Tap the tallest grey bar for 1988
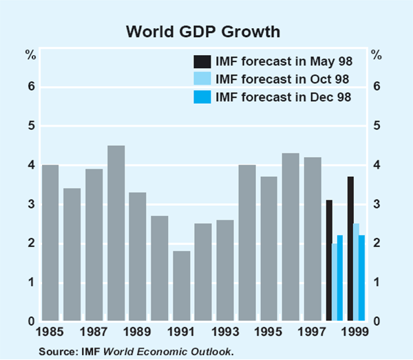[116, 233]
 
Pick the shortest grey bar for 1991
[182, 286]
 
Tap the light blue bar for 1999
[356, 272]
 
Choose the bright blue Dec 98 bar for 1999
[361, 278]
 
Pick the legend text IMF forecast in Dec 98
[284, 97]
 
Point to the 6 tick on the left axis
[31, 87]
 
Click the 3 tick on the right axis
[377, 204]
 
